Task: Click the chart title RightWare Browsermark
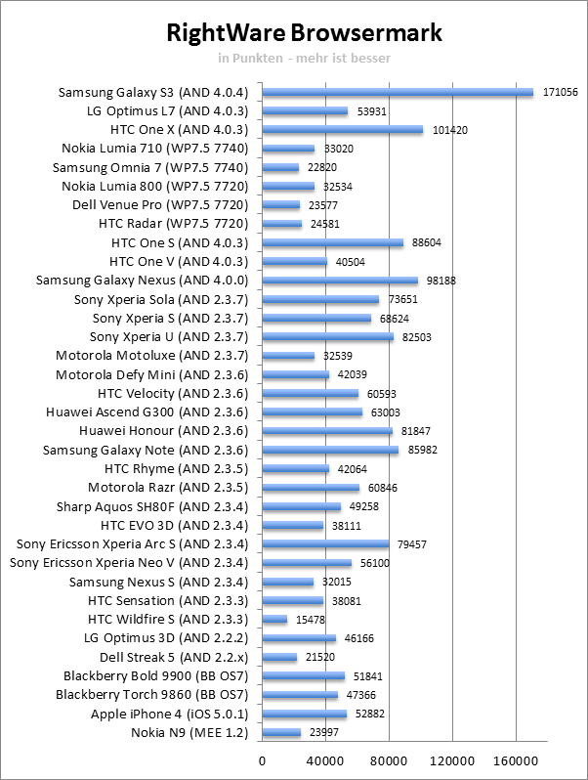305,33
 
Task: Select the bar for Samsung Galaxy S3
399,92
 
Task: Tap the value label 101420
448,130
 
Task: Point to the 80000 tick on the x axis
390,759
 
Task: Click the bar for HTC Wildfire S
275,620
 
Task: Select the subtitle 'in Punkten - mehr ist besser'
305,58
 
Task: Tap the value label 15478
314,620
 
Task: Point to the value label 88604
428,242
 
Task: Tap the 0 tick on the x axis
263,759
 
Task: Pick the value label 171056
560,92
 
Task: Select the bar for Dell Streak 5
280,657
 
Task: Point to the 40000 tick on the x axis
326,759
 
